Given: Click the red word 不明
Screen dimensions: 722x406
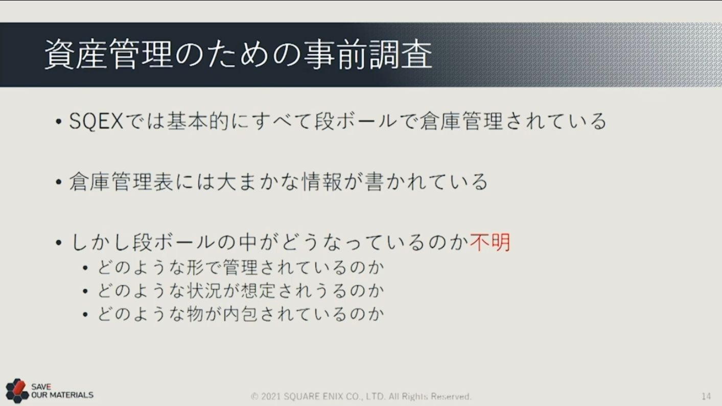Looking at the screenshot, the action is click(x=490, y=242).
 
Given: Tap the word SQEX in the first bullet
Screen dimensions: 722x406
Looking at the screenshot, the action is click(x=96, y=122).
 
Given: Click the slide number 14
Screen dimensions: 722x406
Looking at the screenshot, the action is click(x=706, y=396).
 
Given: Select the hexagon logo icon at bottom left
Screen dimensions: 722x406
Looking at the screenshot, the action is click(x=17, y=391).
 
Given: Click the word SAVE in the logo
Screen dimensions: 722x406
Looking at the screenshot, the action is click(x=41, y=387).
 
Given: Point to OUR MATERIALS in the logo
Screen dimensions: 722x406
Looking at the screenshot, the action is click(x=62, y=395).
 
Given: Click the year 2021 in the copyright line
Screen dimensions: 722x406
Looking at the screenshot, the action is click(x=271, y=396).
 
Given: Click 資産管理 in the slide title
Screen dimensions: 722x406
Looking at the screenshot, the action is click(x=108, y=54).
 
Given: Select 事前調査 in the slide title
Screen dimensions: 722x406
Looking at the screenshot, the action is click(x=368, y=54).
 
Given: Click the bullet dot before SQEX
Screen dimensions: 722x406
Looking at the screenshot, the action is click(x=58, y=122).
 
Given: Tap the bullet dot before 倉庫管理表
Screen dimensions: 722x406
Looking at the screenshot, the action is click(x=58, y=182).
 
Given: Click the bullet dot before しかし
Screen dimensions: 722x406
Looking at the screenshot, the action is click(x=58, y=243).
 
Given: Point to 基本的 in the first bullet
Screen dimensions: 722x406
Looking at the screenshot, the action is click(x=198, y=122).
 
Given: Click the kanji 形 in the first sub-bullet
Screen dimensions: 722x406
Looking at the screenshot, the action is click(x=195, y=268).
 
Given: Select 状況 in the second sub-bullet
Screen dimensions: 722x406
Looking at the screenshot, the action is click(x=204, y=291).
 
